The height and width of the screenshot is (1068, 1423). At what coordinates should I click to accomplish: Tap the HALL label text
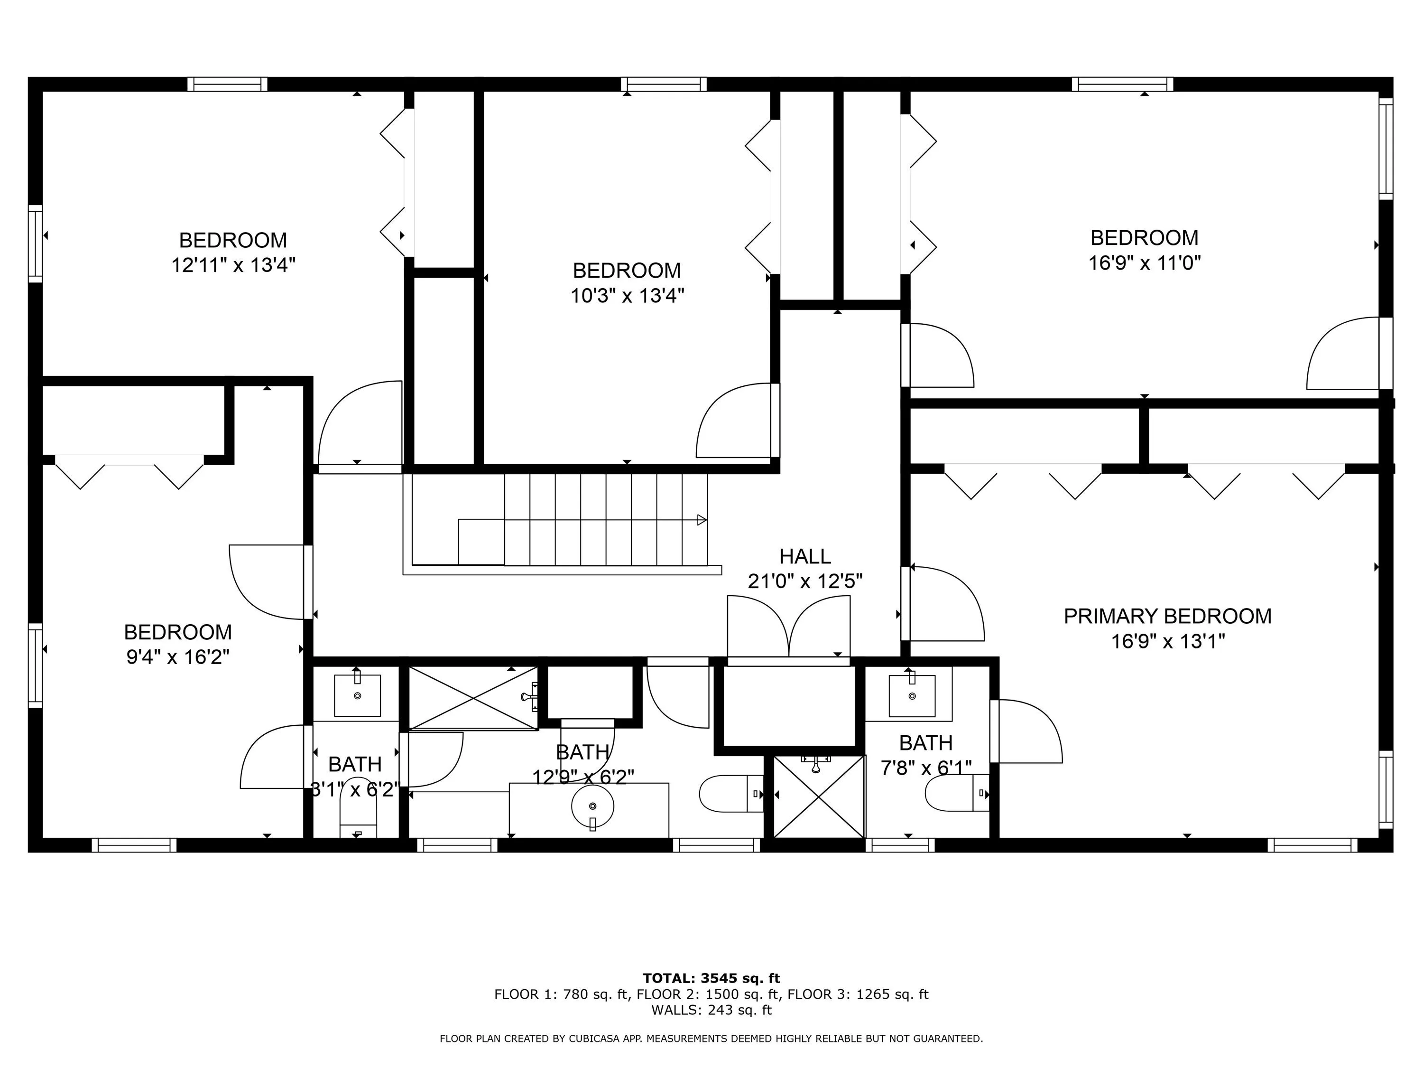(805, 556)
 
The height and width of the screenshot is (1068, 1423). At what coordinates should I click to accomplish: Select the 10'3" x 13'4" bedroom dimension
(627, 296)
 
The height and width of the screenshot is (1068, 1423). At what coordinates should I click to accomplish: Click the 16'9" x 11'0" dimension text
(1145, 262)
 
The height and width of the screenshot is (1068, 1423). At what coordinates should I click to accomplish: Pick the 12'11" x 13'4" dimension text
(233, 264)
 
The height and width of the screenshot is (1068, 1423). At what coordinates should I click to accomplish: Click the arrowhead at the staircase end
(702, 519)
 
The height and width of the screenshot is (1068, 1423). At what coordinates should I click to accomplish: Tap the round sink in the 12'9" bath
(592, 806)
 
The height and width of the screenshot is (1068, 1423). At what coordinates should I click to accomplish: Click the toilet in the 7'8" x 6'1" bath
(957, 793)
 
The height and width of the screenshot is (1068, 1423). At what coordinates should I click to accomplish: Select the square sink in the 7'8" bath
(912, 695)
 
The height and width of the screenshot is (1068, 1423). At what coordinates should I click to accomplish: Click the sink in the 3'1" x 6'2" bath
(357, 695)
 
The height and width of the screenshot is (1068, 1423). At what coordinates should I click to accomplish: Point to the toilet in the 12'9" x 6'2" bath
(731, 794)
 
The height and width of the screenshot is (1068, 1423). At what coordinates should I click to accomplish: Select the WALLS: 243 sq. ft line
(711, 1010)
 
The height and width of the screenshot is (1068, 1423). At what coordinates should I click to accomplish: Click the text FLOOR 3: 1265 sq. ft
(858, 994)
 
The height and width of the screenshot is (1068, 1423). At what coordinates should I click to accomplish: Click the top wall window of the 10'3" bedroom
(664, 84)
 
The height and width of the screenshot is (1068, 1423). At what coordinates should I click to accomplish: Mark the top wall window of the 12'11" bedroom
(228, 84)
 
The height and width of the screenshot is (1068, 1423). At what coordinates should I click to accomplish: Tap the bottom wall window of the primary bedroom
(1316, 845)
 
